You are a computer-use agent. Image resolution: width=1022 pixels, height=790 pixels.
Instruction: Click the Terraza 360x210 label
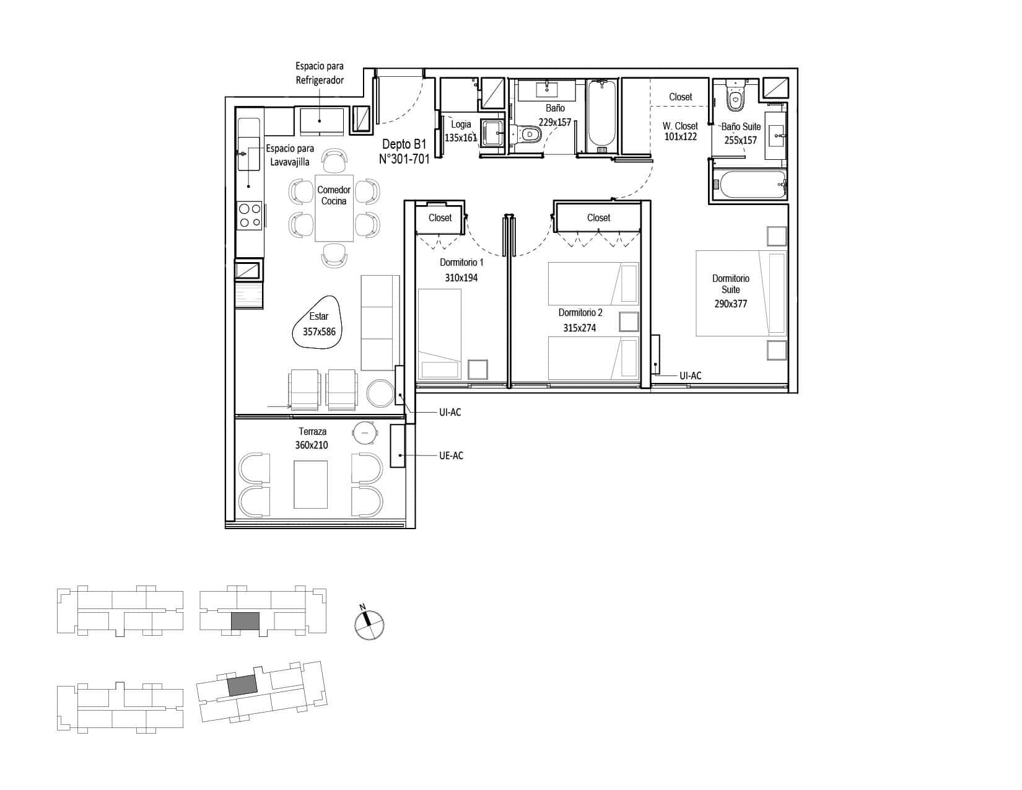pos(312,438)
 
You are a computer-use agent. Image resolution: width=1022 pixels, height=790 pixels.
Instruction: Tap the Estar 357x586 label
pos(319,323)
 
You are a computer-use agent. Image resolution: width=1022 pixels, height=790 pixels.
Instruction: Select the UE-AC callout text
pos(451,455)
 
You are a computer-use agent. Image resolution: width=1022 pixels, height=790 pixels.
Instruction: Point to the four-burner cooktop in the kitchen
pos(249,216)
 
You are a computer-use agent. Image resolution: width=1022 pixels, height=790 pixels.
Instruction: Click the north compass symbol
pos(369,623)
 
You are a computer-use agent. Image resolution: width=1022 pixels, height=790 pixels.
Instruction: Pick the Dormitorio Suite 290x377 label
pos(730,291)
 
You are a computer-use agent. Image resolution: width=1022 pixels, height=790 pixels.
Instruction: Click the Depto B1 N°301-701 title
pos(404,152)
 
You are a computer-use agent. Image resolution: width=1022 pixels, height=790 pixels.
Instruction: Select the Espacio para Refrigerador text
pos(320,73)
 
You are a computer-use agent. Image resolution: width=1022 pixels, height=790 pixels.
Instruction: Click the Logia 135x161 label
pos(460,131)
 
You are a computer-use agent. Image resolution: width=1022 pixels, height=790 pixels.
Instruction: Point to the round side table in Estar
pos(380,393)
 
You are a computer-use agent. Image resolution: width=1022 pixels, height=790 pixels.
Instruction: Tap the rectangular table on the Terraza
pos(310,484)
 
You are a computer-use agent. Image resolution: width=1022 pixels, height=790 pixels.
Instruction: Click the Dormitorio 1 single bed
pos(440,333)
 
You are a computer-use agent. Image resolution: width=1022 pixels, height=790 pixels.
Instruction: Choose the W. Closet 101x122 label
pos(680,131)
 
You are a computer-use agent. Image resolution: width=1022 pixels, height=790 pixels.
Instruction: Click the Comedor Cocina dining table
pos(334,208)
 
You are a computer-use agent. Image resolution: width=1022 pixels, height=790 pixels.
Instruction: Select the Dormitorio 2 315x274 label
pos(580,320)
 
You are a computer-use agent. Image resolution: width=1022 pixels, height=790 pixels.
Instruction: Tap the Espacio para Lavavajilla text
pos(290,155)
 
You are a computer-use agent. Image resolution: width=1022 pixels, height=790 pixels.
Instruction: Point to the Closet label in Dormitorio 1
pos(440,217)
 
